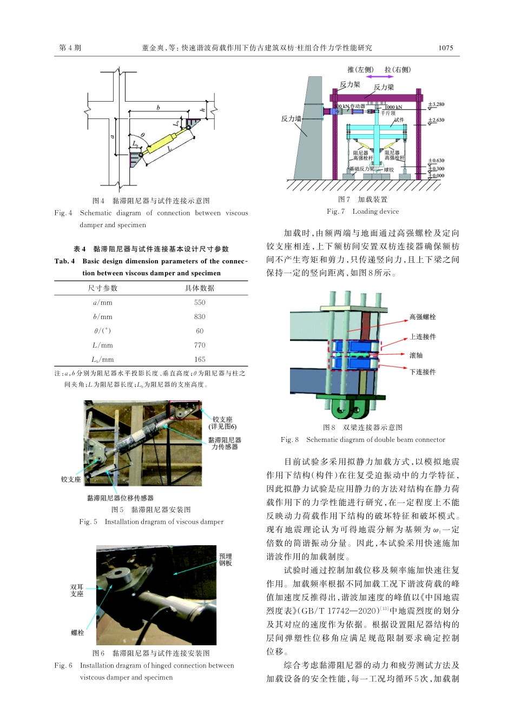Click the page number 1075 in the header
[445, 48]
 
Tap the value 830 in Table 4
[200, 316]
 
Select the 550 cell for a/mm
[200, 302]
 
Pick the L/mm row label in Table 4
[102, 345]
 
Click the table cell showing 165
[200, 359]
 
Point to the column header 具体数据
[200, 288]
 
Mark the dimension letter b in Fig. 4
[158, 108]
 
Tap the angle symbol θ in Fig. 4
[143, 135]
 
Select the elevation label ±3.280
[436, 104]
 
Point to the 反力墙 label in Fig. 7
[291, 118]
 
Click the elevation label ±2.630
[436, 120]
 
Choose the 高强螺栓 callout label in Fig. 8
[423, 317]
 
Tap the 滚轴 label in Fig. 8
[416, 355]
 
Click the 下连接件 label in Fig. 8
[423, 372]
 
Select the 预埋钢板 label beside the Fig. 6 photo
[226, 560]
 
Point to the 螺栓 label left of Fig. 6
[77, 632]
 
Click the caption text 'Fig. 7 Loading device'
[363, 211]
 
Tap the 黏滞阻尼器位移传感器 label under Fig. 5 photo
[120, 498]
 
